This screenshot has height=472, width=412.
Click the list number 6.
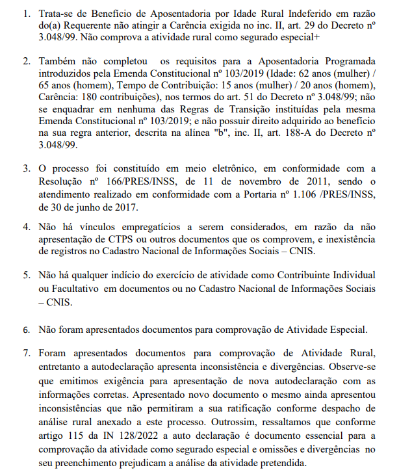point(26,329)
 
